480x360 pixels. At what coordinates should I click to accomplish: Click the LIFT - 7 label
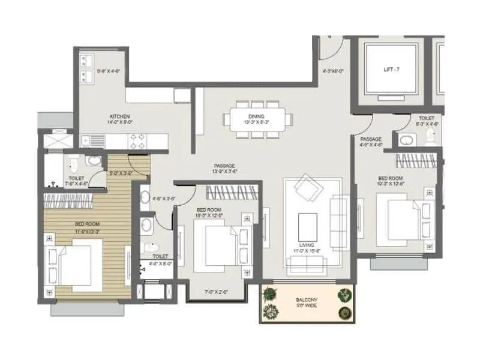pyautogui.click(x=391, y=70)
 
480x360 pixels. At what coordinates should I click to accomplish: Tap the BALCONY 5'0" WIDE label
pyautogui.click(x=307, y=303)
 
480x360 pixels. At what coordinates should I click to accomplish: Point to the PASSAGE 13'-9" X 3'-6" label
pyautogui.click(x=224, y=169)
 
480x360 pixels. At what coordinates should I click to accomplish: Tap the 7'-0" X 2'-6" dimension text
pyautogui.click(x=215, y=292)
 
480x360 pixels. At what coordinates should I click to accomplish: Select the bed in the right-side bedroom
pyautogui.click(x=405, y=218)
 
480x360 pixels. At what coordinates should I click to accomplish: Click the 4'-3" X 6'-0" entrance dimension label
pyautogui.click(x=332, y=71)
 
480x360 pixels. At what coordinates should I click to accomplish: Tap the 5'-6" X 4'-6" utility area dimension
pyautogui.click(x=109, y=71)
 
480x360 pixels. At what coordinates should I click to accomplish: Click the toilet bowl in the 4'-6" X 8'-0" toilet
pyautogui.click(x=152, y=248)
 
